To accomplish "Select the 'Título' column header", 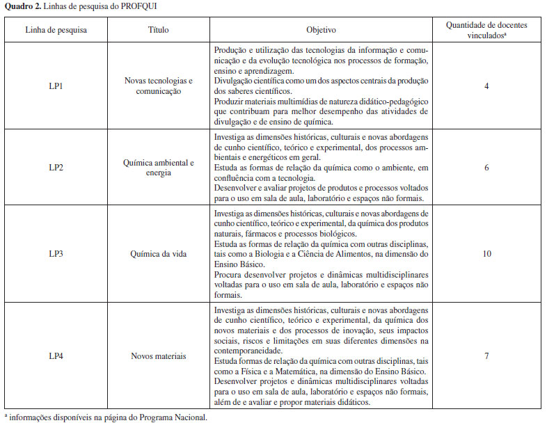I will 159,30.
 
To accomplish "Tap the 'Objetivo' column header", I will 321,30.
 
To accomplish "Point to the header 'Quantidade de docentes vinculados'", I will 486,30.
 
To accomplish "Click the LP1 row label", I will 56,86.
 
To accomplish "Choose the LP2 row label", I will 56,168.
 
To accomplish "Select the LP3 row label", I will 56,253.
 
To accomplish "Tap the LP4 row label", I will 56,356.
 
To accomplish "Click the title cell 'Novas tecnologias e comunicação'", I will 159,86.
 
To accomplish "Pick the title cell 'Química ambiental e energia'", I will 159,168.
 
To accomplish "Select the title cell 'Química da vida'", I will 159,253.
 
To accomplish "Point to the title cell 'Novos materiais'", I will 159,356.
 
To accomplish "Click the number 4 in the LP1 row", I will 486,86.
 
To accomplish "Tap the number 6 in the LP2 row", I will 486,168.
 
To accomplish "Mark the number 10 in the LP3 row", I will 486,253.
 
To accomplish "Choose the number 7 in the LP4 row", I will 486,356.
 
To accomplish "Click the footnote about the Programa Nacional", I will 106,417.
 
